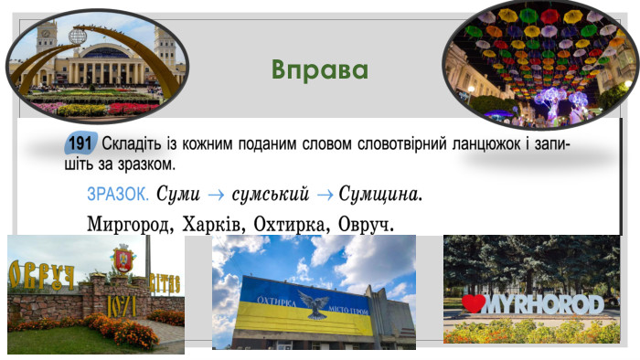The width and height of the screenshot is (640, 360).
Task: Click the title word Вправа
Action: (x=320, y=70)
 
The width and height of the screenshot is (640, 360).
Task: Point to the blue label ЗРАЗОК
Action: (x=117, y=194)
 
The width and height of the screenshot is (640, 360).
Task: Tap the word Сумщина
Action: (x=380, y=194)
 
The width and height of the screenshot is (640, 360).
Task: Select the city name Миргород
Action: (x=127, y=223)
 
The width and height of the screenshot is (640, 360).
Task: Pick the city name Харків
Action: (x=212, y=223)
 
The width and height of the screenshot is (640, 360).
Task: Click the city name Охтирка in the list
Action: (x=290, y=223)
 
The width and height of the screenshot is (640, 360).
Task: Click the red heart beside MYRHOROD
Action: (x=474, y=303)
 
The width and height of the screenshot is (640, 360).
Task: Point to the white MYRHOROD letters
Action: (x=545, y=303)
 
